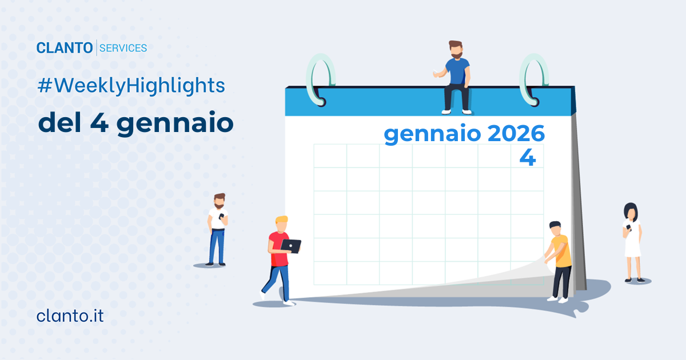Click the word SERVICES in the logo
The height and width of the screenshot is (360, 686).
coord(123,48)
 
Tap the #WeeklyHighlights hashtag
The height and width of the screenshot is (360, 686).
coord(131,86)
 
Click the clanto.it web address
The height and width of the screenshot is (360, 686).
coord(70,315)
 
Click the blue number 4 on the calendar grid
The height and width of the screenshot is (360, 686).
coord(527,158)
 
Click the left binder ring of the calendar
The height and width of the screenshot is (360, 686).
coord(316,80)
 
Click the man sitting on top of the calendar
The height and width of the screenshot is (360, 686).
coord(456,77)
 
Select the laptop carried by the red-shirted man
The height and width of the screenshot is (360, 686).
coord(292,246)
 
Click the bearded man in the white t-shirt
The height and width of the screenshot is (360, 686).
coord(218,229)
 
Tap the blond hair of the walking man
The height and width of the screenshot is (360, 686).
coord(281,221)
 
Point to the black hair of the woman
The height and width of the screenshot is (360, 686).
coord(630,208)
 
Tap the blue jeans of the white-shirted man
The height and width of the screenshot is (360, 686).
coord(217,246)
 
